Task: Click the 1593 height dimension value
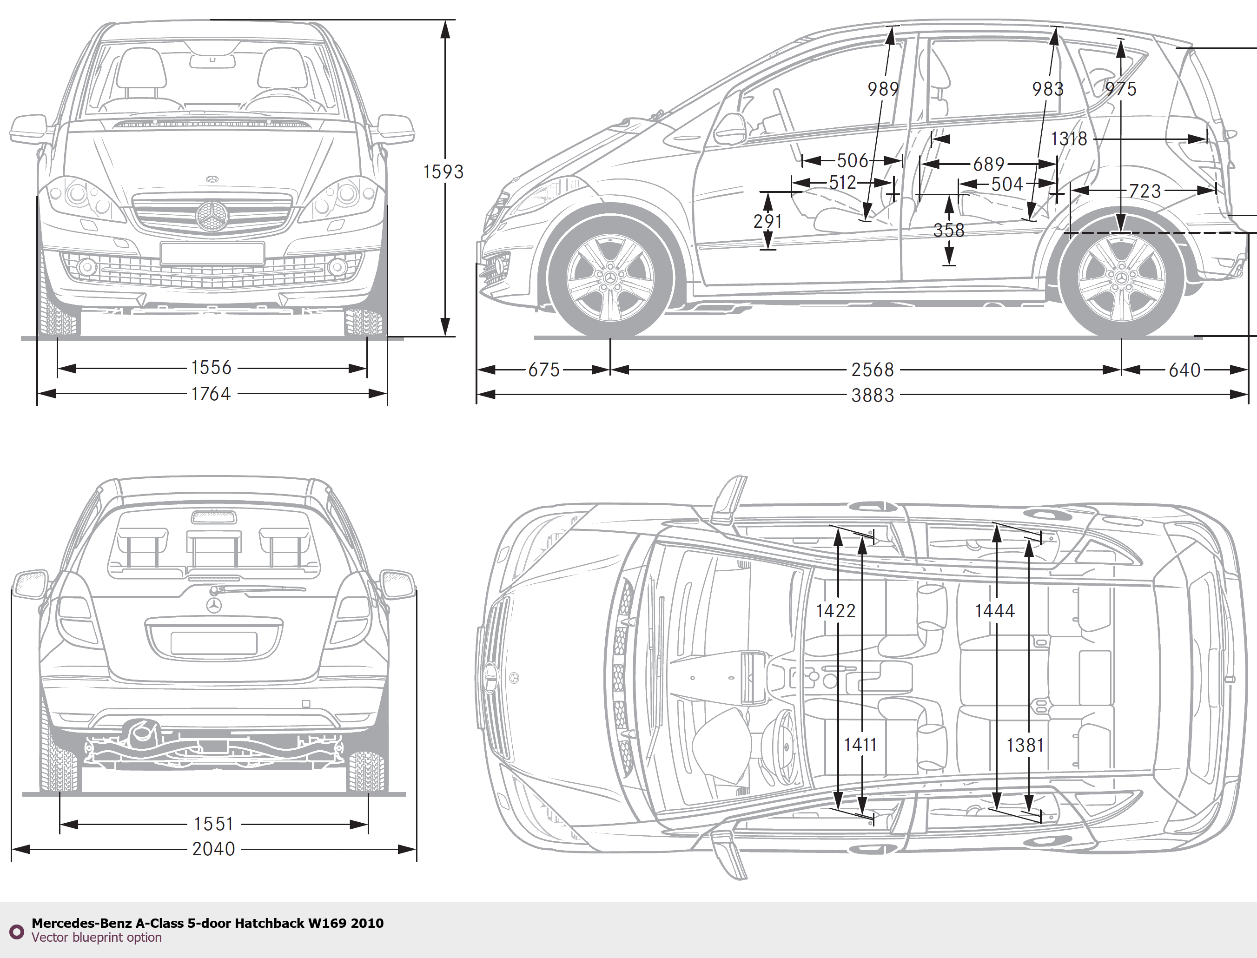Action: [x=443, y=172]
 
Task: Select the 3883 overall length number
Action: [x=872, y=395]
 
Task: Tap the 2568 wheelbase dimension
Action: [x=872, y=370]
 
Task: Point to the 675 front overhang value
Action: [x=543, y=370]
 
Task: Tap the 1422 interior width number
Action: [x=835, y=611]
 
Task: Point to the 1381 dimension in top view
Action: [x=1025, y=745]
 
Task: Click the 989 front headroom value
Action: [x=883, y=89]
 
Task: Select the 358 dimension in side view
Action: [x=948, y=231]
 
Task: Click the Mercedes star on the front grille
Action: [x=212, y=217]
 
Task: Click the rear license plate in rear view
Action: [x=214, y=643]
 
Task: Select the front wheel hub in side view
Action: [x=610, y=277]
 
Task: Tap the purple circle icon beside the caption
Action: [x=17, y=932]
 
